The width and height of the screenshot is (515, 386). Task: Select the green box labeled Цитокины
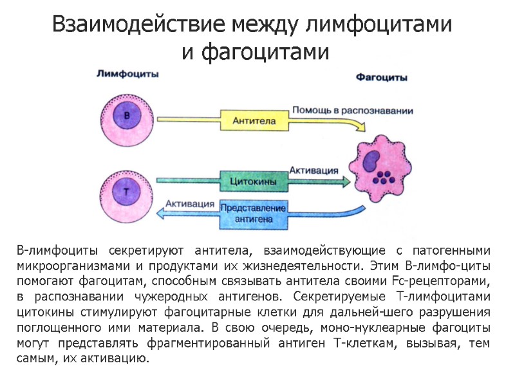point(253,182)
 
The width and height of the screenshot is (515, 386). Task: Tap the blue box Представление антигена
point(253,214)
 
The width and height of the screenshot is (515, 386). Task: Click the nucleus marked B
point(126,116)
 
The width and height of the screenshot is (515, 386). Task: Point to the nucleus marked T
point(126,191)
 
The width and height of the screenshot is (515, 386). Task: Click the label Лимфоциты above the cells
point(127,74)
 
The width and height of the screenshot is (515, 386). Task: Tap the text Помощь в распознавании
point(352,110)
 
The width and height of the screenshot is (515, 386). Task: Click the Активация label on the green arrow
point(314,170)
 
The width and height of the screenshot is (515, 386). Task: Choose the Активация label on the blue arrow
point(190,203)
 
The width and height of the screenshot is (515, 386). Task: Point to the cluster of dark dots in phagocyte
point(384,177)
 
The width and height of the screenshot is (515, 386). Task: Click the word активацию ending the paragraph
point(120,358)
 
